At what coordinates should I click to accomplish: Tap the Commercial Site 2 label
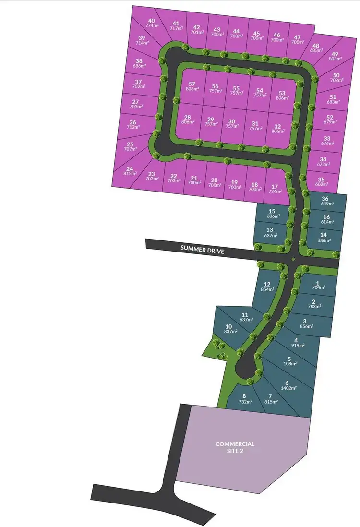point(235,447)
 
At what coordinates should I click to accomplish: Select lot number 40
point(152,21)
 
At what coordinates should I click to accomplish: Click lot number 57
point(192,83)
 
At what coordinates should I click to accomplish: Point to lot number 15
point(272,211)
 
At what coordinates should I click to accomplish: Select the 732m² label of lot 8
point(245,402)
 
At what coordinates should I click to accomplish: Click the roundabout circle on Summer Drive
point(293,260)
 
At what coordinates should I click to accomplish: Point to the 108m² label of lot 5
point(289,364)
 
